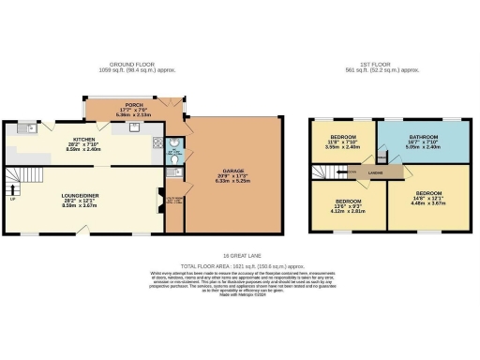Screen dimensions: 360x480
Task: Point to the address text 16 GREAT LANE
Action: click(240, 254)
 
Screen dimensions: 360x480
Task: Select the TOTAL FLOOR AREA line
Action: click(240, 265)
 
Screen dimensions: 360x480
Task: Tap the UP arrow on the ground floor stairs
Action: click(12, 199)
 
